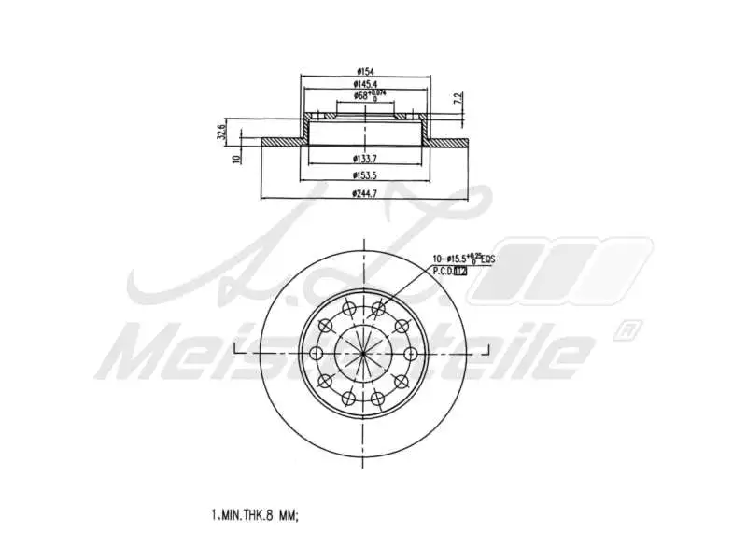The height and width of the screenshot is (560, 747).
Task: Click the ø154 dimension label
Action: click(364, 72)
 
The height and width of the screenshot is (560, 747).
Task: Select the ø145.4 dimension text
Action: click(364, 84)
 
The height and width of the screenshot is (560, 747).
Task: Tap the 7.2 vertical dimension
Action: click(457, 98)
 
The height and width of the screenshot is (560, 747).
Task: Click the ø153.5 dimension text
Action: click(364, 175)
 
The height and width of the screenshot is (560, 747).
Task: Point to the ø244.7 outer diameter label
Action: click(364, 193)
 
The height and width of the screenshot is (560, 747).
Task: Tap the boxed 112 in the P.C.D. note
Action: click(460, 271)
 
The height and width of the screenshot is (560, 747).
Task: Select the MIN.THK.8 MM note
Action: click(254, 514)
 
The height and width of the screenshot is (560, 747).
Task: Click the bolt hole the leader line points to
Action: click(379, 309)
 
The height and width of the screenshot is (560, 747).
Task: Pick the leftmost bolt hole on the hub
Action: click(315, 354)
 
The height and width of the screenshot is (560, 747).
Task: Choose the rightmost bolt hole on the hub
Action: click(411, 354)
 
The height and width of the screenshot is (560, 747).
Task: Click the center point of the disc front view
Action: click(363, 354)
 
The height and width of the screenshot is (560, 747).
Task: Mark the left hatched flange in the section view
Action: click(280, 143)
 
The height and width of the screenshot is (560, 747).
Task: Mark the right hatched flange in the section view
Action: click(448, 143)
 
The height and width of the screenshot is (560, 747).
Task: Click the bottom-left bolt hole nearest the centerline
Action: click(347, 399)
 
